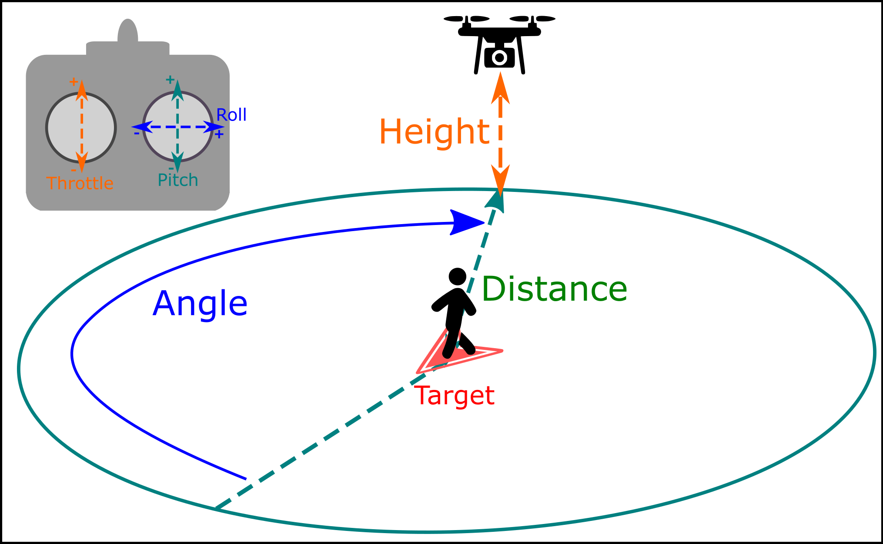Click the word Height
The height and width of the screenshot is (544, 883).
click(434, 131)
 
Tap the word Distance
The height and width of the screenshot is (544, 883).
click(554, 289)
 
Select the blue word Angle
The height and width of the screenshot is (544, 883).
click(200, 303)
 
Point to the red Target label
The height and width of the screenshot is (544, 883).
click(454, 396)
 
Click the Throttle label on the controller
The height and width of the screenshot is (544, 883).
click(80, 183)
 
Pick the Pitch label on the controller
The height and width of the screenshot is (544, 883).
click(177, 180)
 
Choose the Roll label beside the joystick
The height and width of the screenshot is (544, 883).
click(231, 115)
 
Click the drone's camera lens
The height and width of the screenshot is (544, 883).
click(500, 57)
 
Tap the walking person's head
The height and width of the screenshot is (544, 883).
click(457, 276)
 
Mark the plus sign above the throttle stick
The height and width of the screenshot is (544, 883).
click(74, 81)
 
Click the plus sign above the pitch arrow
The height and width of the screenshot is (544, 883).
click(170, 80)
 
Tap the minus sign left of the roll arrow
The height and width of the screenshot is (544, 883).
click(137, 133)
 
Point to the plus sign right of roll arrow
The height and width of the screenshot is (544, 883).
click(219, 134)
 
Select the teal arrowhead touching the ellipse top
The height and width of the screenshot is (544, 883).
click(496, 201)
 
